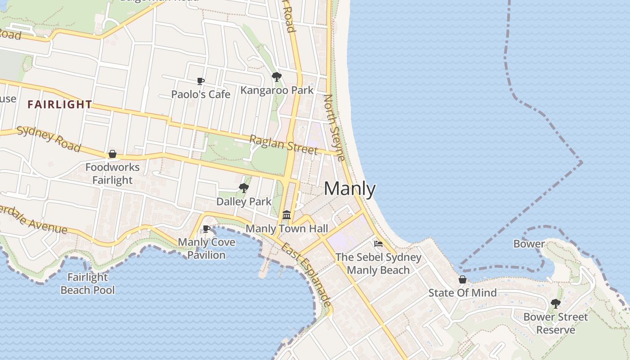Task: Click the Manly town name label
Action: (x=350, y=189)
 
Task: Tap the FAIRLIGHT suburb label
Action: (x=60, y=105)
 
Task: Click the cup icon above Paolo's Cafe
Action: (x=201, y=81)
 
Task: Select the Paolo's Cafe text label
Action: (x=201, y=94)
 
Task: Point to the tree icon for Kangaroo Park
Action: (x=277, y=77)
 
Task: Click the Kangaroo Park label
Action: (x=277, y=90)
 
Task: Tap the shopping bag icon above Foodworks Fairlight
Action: (x=112, y=154)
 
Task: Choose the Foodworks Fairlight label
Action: (x=112, y=174)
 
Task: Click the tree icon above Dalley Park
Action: (x=244, y=188)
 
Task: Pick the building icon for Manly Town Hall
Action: (x=287, y=215)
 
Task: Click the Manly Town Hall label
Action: (x=287, y=229)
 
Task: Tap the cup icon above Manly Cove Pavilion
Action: (x=207, y=229)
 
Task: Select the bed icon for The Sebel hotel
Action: (x=378, y=244)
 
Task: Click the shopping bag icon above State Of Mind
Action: (x=463, y=279)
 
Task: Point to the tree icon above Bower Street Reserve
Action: (x=556, y=303)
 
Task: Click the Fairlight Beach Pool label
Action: (x=88, y=283)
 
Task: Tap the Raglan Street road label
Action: (x=283, y=144)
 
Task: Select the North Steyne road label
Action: (x=334, y=127)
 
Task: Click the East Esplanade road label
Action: (x=306, y=275)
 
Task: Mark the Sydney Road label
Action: (x=49, y=139)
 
